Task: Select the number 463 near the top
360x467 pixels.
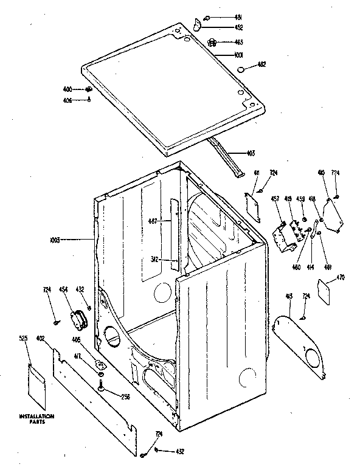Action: click(239, 42)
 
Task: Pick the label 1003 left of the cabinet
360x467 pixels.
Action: click(72, 240)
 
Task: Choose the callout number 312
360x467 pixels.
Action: click(154, 260)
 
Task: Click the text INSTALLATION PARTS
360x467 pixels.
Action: click(36, 418)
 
